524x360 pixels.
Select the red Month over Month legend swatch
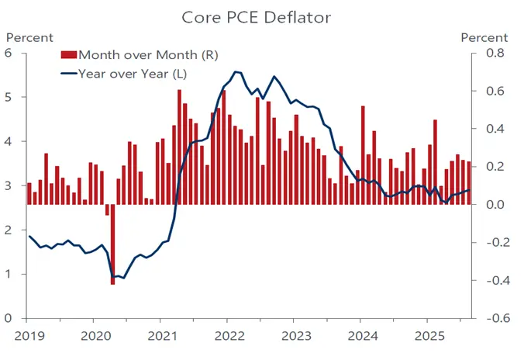click(x=69, y=54)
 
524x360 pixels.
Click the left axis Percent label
click(x=30, y=37)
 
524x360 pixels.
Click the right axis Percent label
click(x=484, y=37)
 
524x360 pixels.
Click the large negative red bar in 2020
click(x=112, y=244)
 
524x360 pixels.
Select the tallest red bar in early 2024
click(x=362, y=155)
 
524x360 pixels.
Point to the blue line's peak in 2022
click(x=236, y=71)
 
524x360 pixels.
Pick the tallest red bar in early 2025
click(x=435, y=162)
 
